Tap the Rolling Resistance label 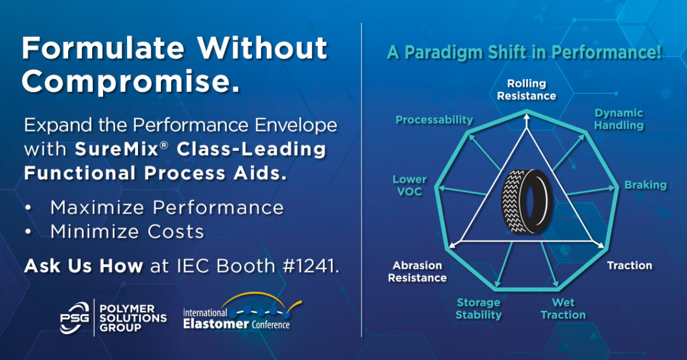[x=527, y=89]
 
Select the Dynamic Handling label [x=619, y=119]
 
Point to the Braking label [x=645, y=185]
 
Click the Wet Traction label [x=563, y=308]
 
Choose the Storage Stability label [x=478, y=308]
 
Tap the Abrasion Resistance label [x=417, y=271]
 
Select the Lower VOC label [x=409, y=185]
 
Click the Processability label [x=434, y=120]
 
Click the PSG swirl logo [x=75, y=318]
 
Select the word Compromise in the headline [x=131, y=81]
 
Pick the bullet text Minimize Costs [x=127, y=232]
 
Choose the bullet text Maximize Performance [x=167, y=207]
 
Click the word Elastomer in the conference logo [x=216, y=324]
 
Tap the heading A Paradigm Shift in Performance [x=524, y=52]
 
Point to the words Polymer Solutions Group [x=133, y=318]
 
